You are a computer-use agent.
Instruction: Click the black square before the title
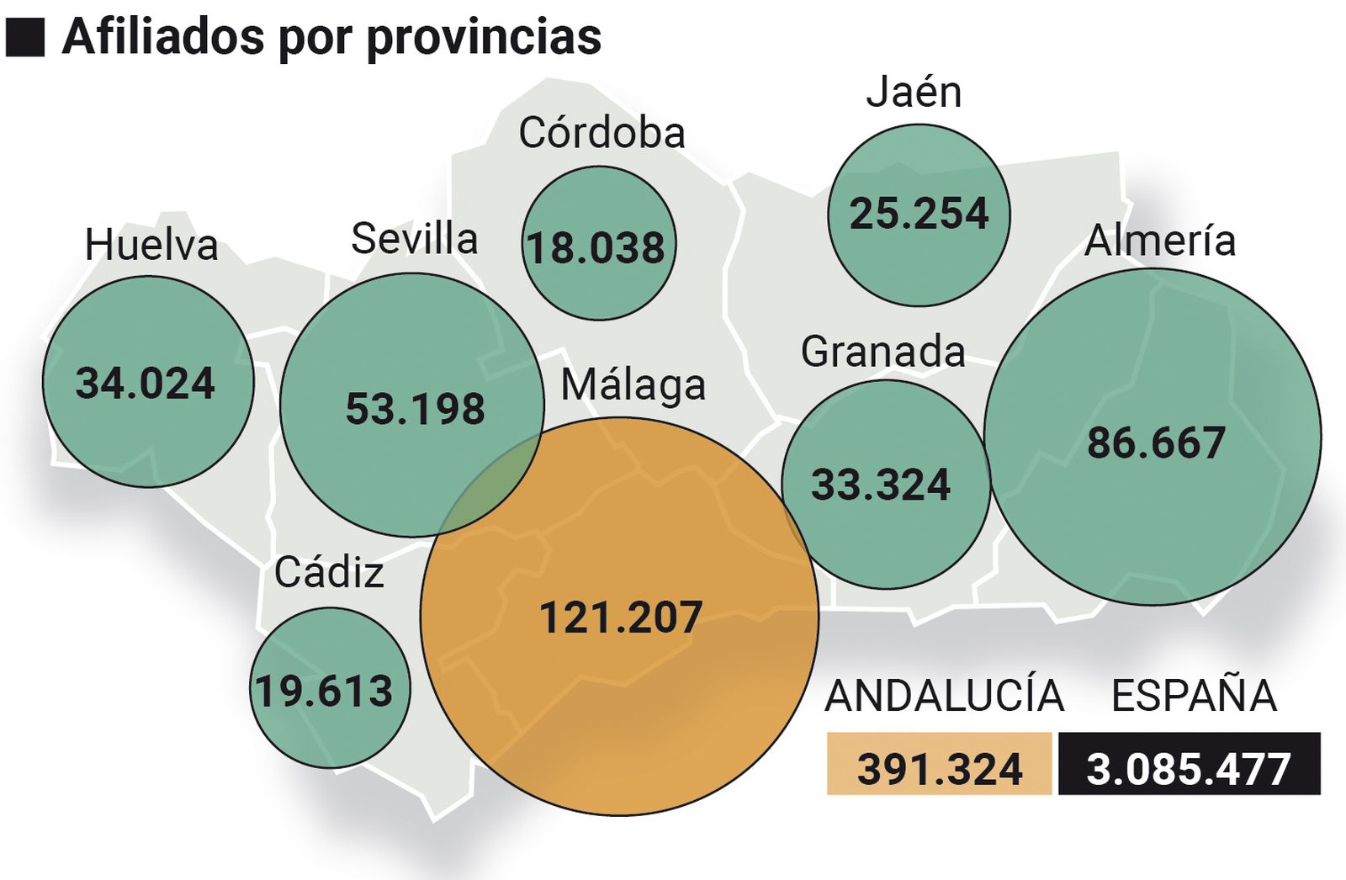point(25,38)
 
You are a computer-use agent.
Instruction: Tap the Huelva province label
point(151,246)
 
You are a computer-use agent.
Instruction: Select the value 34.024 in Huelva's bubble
point(146,384)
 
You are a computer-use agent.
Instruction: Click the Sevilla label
point(414,239)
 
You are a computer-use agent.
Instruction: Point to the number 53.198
point(416,410)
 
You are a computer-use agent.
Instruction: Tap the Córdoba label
point(601,133)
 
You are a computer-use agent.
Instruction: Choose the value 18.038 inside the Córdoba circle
point(596,248)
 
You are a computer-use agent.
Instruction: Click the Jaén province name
point(914,92)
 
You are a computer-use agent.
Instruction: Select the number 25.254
point(919,214)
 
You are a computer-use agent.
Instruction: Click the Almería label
point(1159,241)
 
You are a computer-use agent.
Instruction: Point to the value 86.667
point(1156,443)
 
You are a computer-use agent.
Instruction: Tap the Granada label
point(882,352)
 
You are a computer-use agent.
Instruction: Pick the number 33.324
point(881,485)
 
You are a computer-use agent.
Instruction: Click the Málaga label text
point(633,386)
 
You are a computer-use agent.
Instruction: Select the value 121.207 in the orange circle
point(620,618)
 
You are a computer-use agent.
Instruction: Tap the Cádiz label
point(329,573)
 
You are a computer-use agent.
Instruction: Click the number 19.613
point(324,692)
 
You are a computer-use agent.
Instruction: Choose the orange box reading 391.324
point(939,764)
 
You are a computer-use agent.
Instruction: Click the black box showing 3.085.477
point(1189,764)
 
